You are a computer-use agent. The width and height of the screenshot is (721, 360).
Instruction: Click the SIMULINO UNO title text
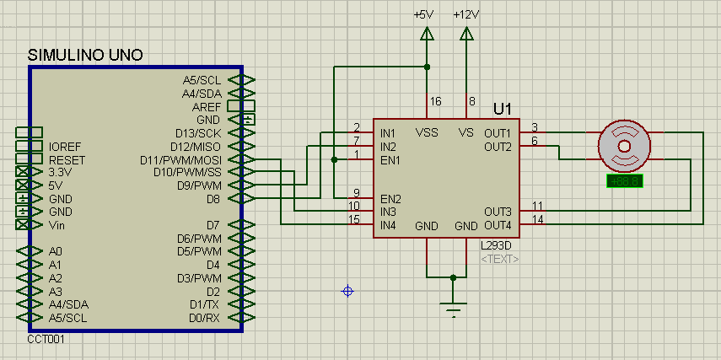[85, 55]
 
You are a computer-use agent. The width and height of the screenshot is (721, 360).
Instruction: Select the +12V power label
[466, 15]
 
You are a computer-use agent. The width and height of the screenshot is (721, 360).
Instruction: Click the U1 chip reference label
[503, 109]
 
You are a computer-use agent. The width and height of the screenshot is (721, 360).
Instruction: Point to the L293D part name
[495, 245]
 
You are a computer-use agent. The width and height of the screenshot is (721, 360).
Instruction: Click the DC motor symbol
[625, 145]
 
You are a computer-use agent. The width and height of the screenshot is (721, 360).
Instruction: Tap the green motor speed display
[625, 181]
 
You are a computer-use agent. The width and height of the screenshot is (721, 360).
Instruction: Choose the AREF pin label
[207, 107]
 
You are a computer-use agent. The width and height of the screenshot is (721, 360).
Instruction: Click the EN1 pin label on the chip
[390, 159]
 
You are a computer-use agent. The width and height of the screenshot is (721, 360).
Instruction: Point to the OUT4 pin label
[498, 225]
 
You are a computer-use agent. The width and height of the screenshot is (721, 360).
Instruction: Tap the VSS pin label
[427, 132]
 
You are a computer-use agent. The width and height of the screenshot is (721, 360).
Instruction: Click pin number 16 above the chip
[435, 101]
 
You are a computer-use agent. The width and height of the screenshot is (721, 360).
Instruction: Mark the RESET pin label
[67, 159]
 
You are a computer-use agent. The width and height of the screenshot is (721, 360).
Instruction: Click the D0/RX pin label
[204, 317]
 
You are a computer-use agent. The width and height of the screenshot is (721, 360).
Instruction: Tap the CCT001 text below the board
[46, 339]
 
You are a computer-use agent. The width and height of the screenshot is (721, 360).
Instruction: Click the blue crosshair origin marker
[347, 291]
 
